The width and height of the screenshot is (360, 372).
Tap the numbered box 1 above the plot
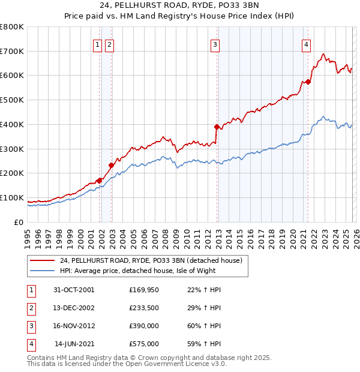tap(97, 44)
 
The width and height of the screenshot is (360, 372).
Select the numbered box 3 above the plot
tap(215, 44)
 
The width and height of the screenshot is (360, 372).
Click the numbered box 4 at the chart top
tap(306, 44)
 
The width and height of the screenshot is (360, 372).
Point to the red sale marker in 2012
tap(217, 127)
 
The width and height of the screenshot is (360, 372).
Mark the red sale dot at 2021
tap(308, 82)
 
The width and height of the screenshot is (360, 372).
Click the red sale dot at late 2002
tap(111, 165)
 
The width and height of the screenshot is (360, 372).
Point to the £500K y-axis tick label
tap(12, 100)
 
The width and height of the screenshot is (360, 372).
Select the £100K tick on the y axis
tap(12, 198)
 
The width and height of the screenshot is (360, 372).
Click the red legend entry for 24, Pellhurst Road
tap(151, 260)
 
